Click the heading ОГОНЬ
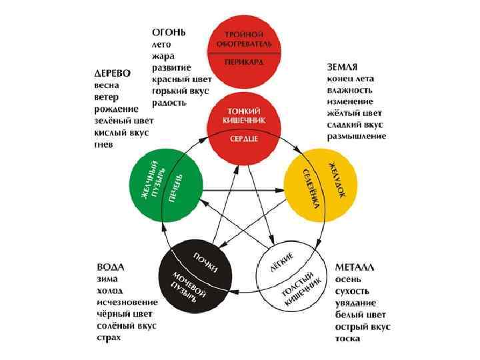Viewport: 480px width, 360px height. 168,32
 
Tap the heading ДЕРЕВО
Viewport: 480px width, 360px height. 111,73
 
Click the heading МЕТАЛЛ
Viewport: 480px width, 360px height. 355,267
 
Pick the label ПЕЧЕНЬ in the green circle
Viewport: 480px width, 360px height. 176,189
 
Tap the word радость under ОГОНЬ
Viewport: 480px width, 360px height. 169,103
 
